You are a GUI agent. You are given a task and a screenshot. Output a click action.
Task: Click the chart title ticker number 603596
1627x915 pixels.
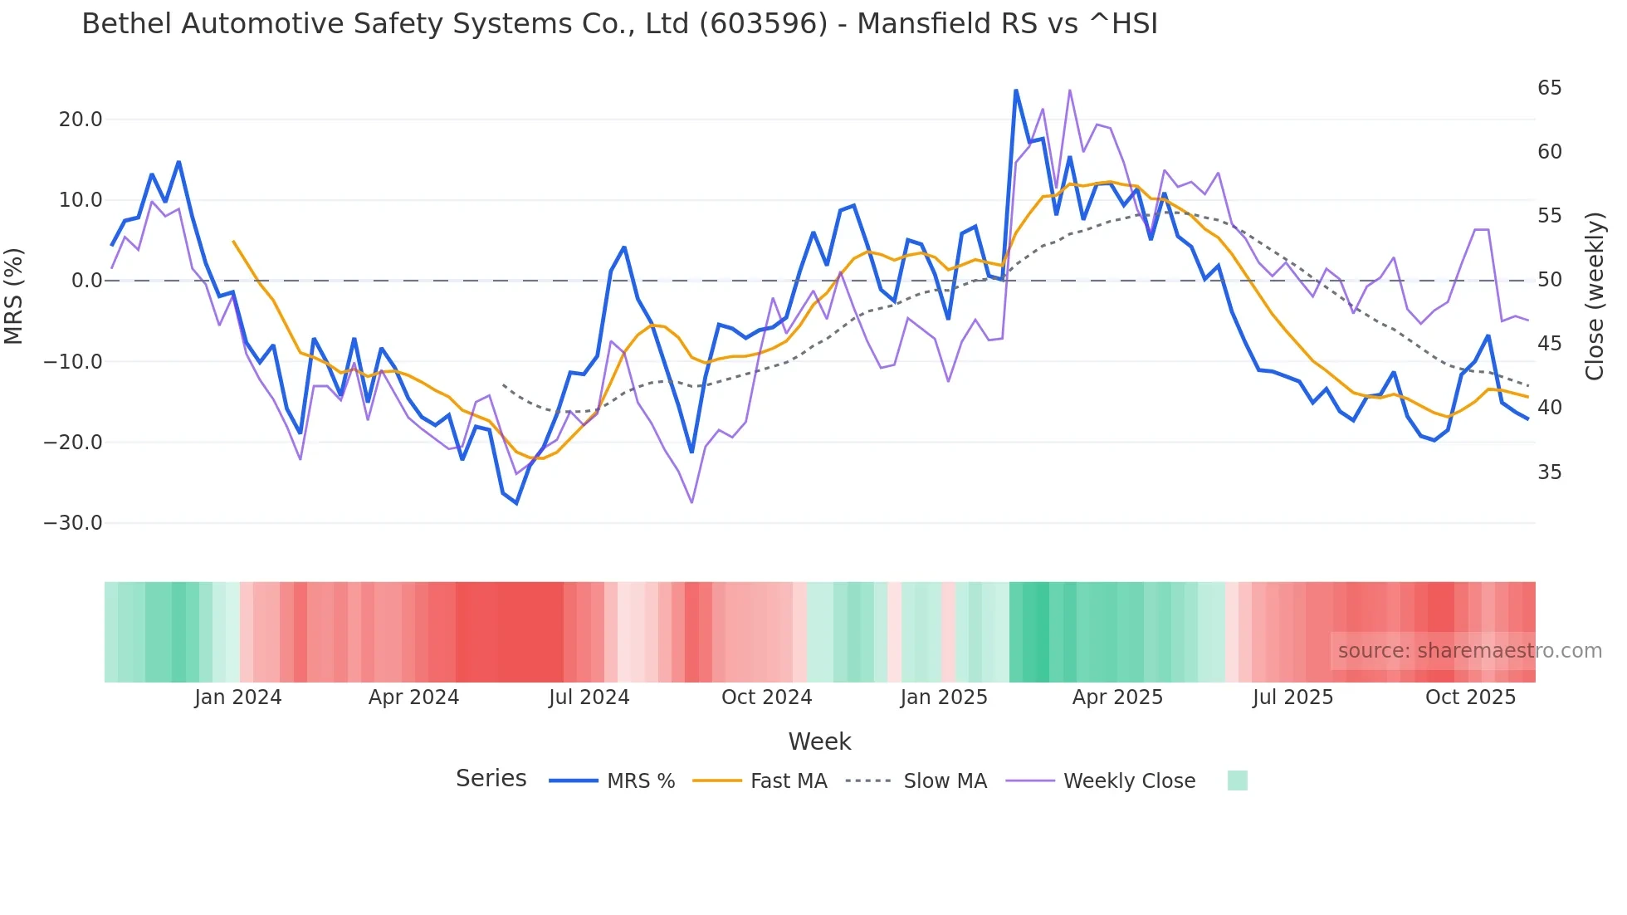tap(763, 24)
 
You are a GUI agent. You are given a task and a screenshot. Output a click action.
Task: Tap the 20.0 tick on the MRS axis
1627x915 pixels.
tap(81, 120)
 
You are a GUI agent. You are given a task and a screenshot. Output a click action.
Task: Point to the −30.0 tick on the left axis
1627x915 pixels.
tap(73, 523)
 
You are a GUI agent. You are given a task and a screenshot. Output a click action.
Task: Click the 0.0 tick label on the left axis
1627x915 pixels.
tap(87, 281)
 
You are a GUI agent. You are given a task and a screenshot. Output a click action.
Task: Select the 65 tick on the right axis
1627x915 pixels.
tap(1549, 88)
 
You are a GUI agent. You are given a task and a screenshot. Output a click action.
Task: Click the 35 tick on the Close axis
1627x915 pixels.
tap(1549, 472)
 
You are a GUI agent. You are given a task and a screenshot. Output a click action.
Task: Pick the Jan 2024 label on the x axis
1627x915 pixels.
tap(238, 697)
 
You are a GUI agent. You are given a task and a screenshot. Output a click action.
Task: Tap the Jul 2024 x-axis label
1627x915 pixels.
tap(589, 697)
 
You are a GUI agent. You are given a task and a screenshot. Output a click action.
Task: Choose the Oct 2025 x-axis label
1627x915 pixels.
tap(1470, 697)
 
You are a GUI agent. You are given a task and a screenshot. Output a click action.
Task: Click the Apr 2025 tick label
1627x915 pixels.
tap(1117, 697)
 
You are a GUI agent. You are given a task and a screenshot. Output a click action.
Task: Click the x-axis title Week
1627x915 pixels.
tap(819, 741)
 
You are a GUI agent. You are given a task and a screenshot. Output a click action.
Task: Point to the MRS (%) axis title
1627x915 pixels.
tap(14, 296)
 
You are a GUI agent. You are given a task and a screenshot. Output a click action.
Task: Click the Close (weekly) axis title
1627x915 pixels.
tap(1595, 296)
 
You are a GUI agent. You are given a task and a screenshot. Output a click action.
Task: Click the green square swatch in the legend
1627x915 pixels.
tap(1237, 780)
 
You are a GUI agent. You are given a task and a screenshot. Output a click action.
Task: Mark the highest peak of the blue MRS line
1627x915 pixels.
tap(1016, 91)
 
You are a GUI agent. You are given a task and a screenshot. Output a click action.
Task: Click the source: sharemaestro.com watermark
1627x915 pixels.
tap(1469, 651)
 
